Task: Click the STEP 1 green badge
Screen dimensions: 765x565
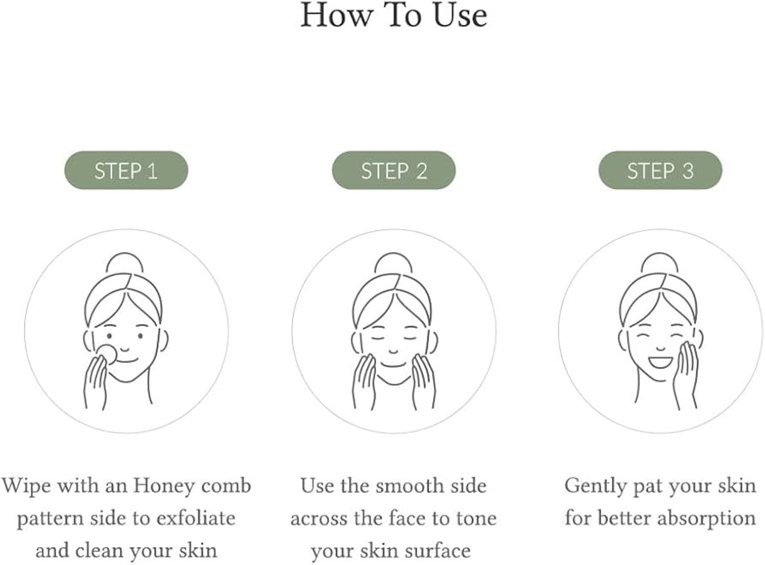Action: click(126, 170)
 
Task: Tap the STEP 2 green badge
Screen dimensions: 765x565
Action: click(394, 170)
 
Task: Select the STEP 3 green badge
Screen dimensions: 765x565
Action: click(660, 170)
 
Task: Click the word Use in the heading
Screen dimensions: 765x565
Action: click(460, 16)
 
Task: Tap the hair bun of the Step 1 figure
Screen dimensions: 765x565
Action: click(124, 263)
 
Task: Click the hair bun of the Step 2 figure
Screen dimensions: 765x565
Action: click(393, 263)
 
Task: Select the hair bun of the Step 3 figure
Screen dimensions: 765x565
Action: click(659, 263)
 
